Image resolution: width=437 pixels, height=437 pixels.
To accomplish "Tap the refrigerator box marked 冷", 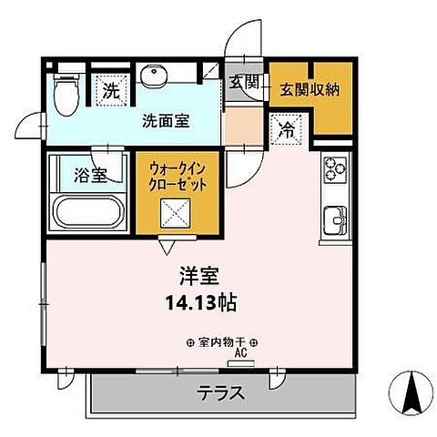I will click(x=285, y=130).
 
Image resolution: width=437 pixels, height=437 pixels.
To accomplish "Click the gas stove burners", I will click(x=333, y=168).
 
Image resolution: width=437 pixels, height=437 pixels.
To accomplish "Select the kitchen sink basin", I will click(x=333, y=219).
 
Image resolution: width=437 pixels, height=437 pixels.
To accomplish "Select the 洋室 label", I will click(x=196, y=274).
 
